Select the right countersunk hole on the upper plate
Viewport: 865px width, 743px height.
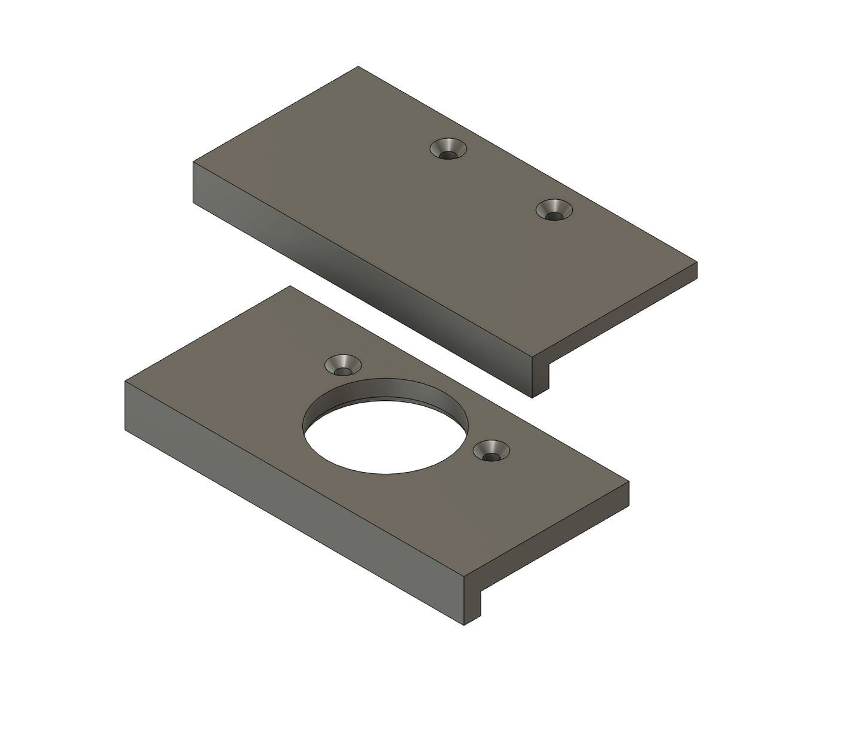pos(553,210)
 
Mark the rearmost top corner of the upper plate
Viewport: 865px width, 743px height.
pos(358,66)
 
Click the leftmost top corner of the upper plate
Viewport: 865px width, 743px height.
pos(193,162)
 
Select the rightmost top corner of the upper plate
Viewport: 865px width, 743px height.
pos(697,262)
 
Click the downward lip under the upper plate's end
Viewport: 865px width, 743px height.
pos(541,377)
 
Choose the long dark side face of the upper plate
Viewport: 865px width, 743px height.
pos(359,281)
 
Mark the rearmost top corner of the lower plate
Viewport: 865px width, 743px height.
pos(290,286)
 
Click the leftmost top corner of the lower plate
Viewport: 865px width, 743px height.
pos(125,381)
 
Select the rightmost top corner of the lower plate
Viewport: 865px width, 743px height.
pos(629,481)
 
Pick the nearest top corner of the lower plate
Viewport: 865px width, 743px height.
pos(465,577)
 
